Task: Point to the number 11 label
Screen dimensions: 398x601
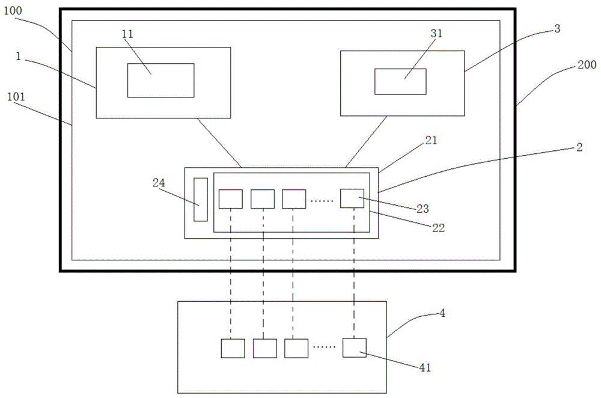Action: tap(127, 34)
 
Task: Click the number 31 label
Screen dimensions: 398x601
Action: tap(436, 34)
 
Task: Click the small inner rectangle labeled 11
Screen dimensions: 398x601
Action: tap(160, 80)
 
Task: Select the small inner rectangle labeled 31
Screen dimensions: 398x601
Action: tap(400, 82)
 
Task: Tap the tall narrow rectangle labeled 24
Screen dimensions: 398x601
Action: tap(201, 200)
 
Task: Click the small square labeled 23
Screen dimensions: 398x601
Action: tap(352, 198)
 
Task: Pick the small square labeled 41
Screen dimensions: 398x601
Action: tap(355, 347)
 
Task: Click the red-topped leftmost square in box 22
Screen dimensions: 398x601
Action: tap(230, 199)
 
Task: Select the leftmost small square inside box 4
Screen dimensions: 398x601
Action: tap(233, 348)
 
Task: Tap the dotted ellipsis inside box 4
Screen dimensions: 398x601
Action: tap(325, 348)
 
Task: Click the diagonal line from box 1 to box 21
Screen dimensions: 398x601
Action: tap(219, 142)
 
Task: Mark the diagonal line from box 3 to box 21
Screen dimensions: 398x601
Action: tap(367, 142)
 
